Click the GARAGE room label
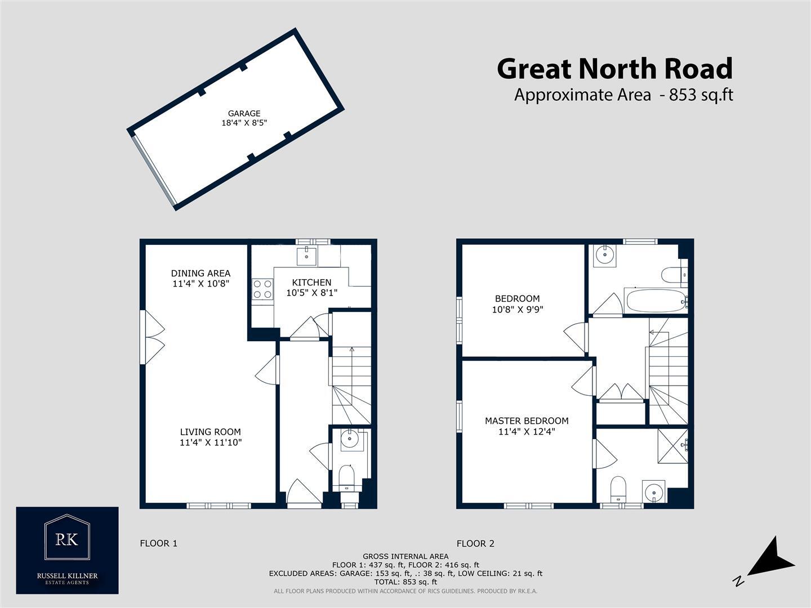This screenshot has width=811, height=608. coord(244,113)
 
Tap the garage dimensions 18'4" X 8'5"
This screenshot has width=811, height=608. coord(244,123)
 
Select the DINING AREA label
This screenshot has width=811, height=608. coord(200,274)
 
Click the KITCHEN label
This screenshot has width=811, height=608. coord(311,282)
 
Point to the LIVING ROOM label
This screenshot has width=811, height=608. coord(210,432)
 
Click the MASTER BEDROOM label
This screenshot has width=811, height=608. coord(527,421)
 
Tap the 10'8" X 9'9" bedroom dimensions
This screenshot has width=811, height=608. coord(518,309)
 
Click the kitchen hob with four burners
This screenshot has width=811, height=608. coord(262,289)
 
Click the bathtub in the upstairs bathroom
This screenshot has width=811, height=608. coord(656,301)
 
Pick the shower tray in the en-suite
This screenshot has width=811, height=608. coord(672,446)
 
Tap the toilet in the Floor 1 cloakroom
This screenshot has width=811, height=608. coord(347,479)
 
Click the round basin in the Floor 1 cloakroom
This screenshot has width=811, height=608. coord(350,437)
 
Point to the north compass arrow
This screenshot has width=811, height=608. coord(774,559)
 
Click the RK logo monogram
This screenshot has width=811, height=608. coord(67,538)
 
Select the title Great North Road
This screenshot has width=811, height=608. coord(614,69)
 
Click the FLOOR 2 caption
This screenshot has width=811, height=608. coord(475,543)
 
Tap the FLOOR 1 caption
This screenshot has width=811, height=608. coord(158,543)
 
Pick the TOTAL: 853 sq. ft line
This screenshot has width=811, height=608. coord(405,582)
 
